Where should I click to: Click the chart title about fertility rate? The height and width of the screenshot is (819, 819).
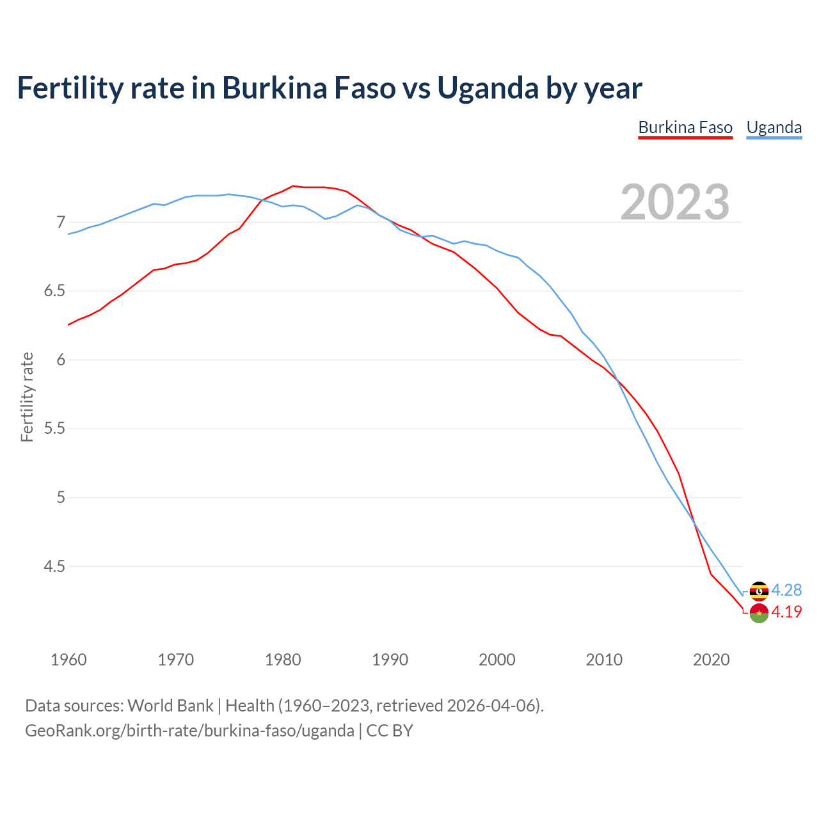pos(330,88)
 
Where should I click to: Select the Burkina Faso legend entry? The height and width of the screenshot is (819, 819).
pos(685,127)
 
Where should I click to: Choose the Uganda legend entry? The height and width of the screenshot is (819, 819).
pos(774,127)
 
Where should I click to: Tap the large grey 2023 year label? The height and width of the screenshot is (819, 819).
pos(675,202)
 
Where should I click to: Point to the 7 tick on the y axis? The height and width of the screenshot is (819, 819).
pos(61,222)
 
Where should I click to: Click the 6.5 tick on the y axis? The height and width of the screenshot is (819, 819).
pos(54,291)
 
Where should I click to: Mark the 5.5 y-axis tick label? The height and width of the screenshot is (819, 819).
pos(54,429)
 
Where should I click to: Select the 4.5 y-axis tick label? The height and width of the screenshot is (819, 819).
pos(54,566)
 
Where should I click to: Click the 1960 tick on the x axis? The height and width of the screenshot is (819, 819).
pos(68,660)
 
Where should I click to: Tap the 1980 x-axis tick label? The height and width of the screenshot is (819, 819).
pos(283,660)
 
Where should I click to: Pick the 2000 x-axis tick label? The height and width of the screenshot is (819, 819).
pos(497,660)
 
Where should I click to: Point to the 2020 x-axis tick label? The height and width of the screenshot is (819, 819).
pos(711,660)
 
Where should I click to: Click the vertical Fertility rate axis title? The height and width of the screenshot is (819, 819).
pos(27,397)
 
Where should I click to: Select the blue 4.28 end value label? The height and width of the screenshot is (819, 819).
pos(786,590)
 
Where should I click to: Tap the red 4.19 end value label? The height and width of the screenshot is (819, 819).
pos(786,612)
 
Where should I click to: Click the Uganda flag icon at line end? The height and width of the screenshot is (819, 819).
pos(759,591)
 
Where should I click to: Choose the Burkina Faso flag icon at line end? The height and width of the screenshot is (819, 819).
pos(759,613)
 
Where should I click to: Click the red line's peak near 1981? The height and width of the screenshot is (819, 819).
pos(293,186)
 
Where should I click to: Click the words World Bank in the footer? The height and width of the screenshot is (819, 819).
pos(170,706)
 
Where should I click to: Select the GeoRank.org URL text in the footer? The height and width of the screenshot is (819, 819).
pos(189,731)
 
